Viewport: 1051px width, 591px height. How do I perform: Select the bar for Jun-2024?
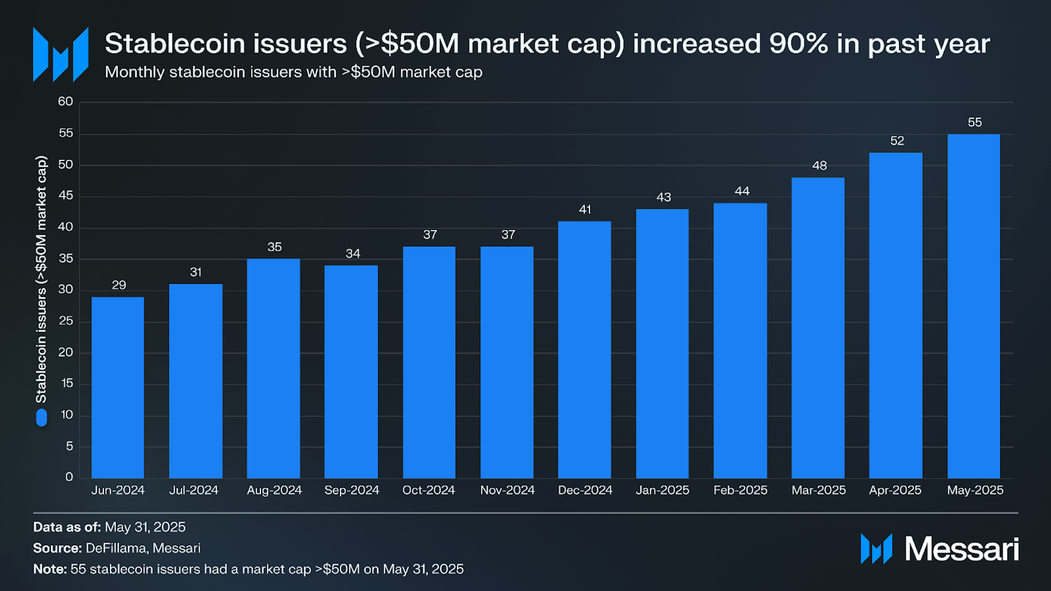[x=118, y=387]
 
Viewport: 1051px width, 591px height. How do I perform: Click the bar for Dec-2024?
[x=584, y=349]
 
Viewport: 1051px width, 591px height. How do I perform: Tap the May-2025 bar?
[x=973, y=306]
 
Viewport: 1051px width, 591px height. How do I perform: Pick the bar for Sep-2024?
[x=351, y=371]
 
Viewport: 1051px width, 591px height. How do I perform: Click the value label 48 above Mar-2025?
[x=819, y=166]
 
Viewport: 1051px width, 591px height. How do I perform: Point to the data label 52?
[x=896, y=141]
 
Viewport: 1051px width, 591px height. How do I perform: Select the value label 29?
[x=119, y=285]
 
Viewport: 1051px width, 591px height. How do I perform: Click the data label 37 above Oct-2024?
[x=430, y=235]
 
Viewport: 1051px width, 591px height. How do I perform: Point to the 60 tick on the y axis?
[x=65, y=102]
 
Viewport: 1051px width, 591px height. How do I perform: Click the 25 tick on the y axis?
[x=65, y=321]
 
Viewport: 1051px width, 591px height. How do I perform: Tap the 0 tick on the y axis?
[x=69, y=477]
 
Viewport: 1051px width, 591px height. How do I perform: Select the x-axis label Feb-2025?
[x=740, y=490]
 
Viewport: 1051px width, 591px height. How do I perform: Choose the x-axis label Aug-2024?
[x=274, y=490]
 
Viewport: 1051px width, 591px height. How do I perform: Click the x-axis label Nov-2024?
[x=507, y=490]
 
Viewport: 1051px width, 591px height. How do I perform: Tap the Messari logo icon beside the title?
[x=60, y=54]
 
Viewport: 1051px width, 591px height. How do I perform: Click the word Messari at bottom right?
[x=961, y=549]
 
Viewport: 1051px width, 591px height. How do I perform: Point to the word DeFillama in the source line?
[x=116, y=548]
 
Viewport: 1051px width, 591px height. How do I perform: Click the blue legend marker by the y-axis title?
[x=42, y=418]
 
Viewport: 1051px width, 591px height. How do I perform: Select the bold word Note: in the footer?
[x=50, y=569]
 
